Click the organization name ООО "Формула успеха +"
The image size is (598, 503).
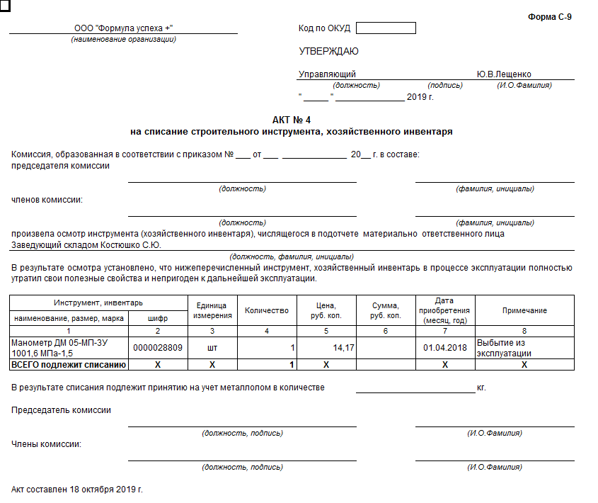tap(124, 28)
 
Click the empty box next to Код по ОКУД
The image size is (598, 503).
tap(386, 28)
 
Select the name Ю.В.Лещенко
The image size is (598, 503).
tap(504, 74)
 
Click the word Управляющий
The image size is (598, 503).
tap(327, 74)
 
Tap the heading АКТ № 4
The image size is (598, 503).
tap(292, 120)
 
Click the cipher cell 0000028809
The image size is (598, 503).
tap(157, 348)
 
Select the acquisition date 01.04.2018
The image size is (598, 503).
tap(445, 348)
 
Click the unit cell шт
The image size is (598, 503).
tap(212, 348)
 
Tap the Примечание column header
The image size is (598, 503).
tap(524, 310)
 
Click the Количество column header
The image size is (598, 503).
tap(267, 310)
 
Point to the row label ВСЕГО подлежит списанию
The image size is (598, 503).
tap(68, 365)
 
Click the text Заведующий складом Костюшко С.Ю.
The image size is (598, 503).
tap(86, 245)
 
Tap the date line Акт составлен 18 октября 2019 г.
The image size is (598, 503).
tap(77, 490)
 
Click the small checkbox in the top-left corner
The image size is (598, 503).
tap(5, 5)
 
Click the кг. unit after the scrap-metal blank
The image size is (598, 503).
tap(482, 388)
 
